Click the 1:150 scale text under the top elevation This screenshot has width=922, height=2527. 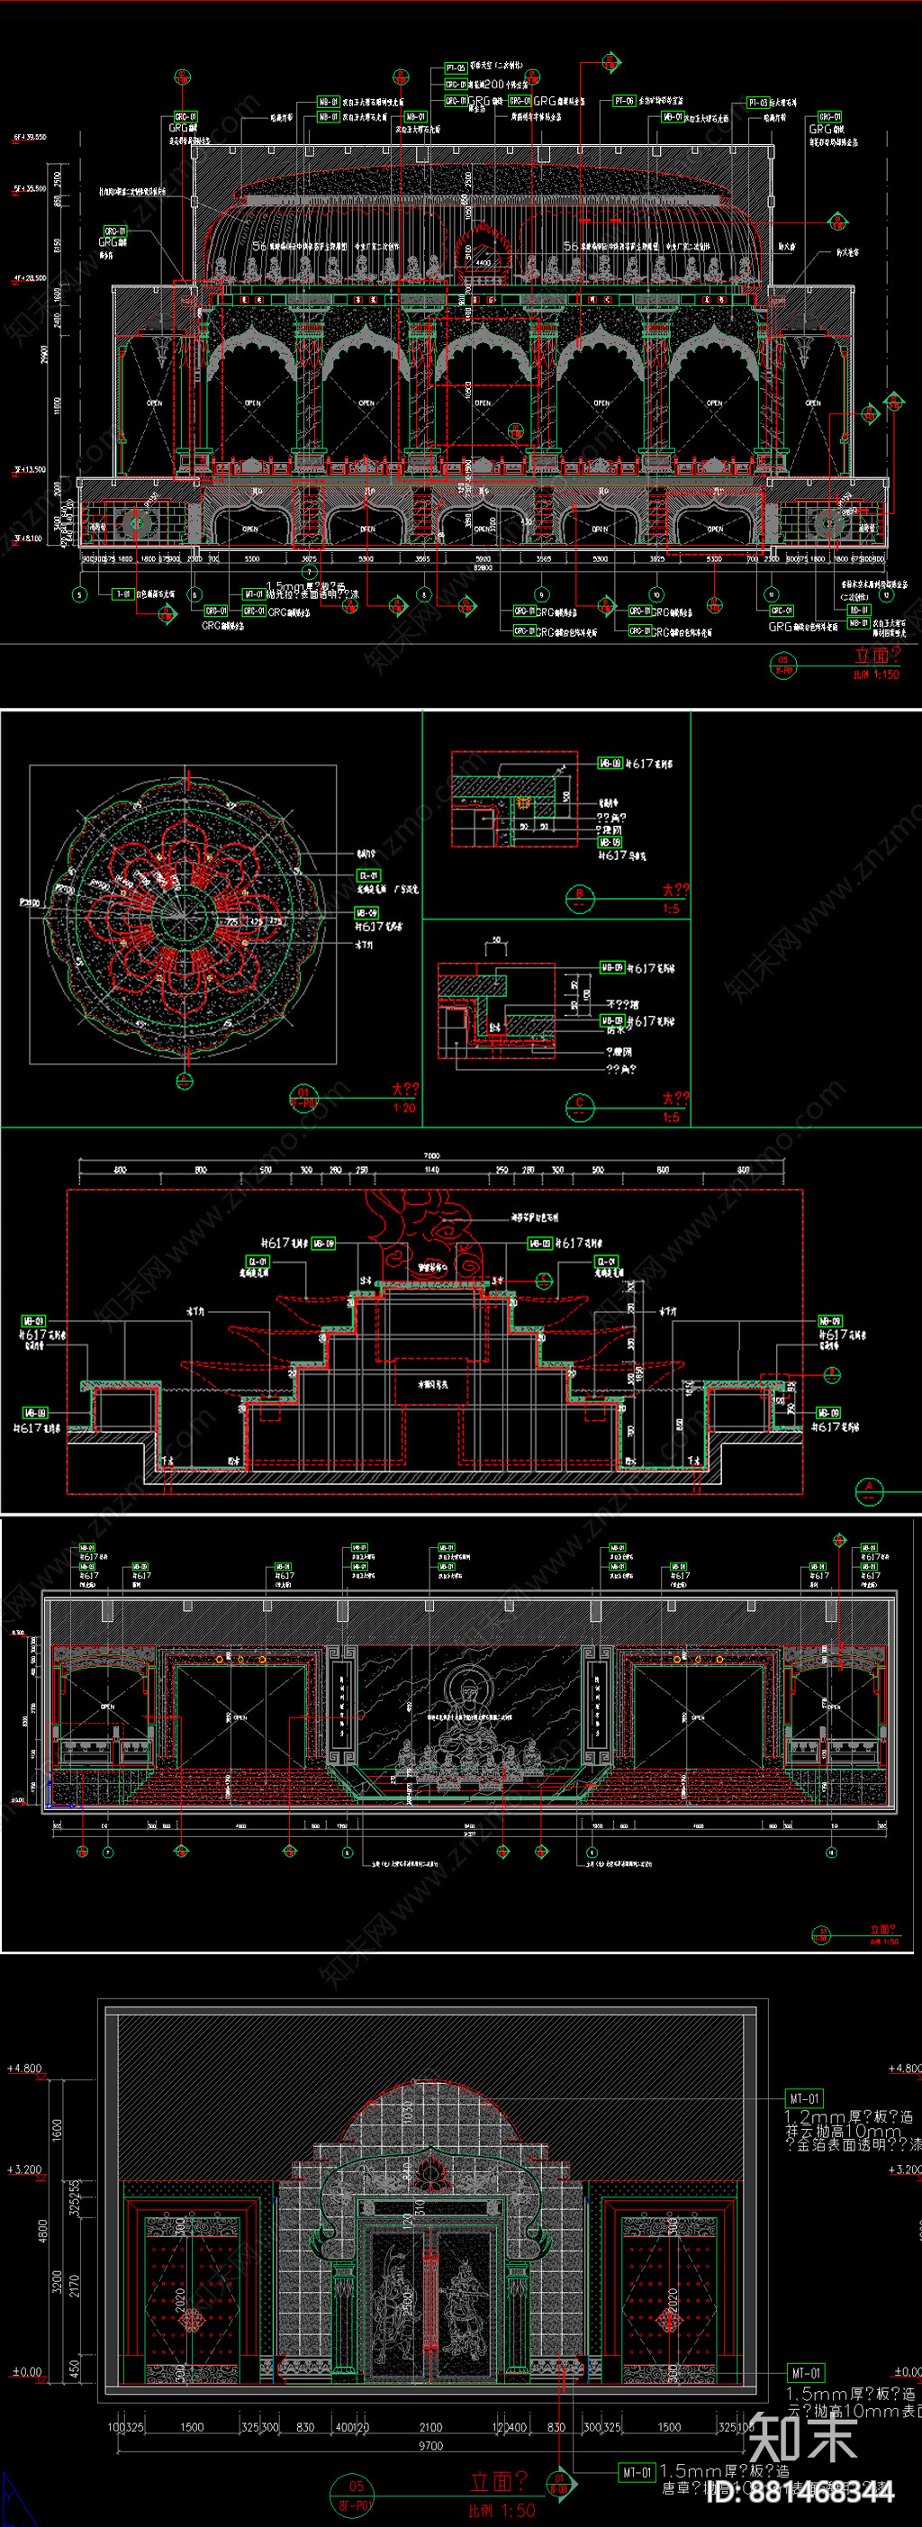click(875, 674)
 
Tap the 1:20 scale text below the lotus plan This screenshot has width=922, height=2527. click(404, 1108)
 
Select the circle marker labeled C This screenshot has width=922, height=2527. click(580, 1105)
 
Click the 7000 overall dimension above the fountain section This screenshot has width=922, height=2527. click(431, 1155)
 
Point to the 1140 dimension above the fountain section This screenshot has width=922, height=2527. click(431, 1171)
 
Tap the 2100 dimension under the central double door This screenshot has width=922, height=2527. click(430, 2427)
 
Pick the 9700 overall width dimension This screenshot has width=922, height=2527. click(430, 2446)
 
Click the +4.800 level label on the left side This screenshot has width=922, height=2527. click(24, 2069)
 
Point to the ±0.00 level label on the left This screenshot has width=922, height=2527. click(25, 2372)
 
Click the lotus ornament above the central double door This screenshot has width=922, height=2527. click(429, 2173)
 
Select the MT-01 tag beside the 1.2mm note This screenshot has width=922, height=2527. click(803, 2098)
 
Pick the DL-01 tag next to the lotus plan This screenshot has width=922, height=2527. click(368, 875)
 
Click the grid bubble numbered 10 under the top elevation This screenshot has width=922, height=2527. click(656, 594)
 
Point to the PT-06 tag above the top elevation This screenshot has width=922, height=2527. click(624, 101)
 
